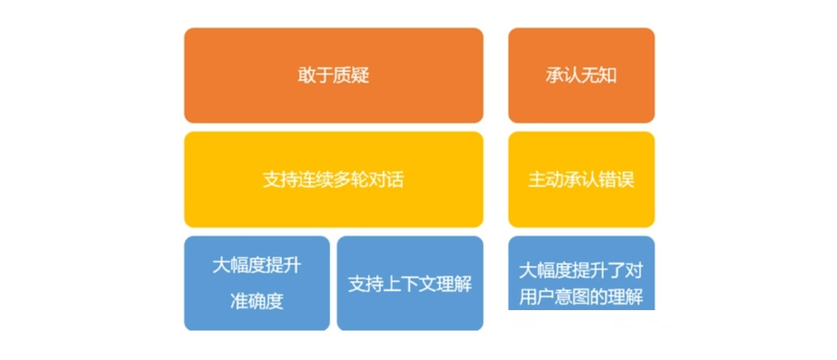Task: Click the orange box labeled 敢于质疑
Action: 334,75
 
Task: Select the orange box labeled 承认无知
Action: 581,75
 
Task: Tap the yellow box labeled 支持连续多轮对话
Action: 334,180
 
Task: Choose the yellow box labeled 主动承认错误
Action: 581,180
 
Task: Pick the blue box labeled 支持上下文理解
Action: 410,283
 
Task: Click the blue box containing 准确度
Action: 257,283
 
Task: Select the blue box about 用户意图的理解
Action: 581,273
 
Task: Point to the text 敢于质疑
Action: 334,76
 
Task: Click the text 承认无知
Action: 581,76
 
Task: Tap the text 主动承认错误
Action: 581,180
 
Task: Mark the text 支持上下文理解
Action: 410,283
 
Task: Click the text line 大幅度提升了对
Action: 581,271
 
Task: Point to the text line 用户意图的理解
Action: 581,297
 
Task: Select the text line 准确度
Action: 257,301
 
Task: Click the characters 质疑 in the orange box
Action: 352,76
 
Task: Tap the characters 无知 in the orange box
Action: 600,76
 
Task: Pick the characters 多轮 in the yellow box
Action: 350,180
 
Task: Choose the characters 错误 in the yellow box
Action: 617,180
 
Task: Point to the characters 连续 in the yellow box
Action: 316,180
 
